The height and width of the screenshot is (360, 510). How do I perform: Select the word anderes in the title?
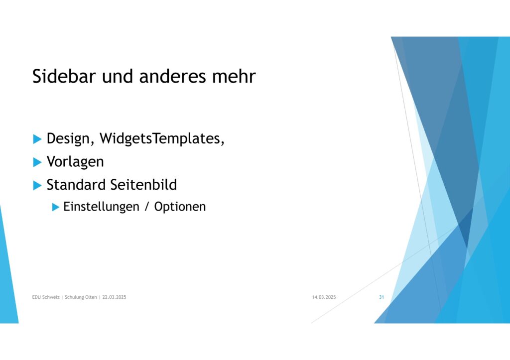[x=173, y=76]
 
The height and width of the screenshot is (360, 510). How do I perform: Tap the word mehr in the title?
[x=234, y=76]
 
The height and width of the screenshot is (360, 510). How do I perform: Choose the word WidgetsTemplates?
[x=162, y=139]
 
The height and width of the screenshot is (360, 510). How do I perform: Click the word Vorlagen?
[x=75, y=162]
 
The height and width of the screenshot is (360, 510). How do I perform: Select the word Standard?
[x=76, y=185]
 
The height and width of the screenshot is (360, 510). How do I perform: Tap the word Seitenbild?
[x=143, y=185]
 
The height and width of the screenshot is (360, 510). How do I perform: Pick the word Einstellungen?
[x=101, y=207]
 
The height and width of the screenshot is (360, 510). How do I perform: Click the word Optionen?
[x=180, y=207]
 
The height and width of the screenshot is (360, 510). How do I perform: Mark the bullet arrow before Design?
[x=37, y=139]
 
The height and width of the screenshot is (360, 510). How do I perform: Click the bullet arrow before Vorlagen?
[x=37, y=162]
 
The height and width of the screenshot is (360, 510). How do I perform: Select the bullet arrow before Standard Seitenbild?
[x=37, y=186]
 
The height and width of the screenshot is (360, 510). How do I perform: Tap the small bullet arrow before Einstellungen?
[x=56, y=207]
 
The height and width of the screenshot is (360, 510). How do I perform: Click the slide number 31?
[x=382, y=297]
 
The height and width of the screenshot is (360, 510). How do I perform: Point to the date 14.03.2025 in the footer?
[x=324, y=297]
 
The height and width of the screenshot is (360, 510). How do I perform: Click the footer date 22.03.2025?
[x=114, y=297]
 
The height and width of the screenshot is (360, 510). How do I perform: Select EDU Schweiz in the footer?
[x=46, y=297]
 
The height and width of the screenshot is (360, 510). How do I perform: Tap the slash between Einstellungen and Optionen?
[x=147, y=207]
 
